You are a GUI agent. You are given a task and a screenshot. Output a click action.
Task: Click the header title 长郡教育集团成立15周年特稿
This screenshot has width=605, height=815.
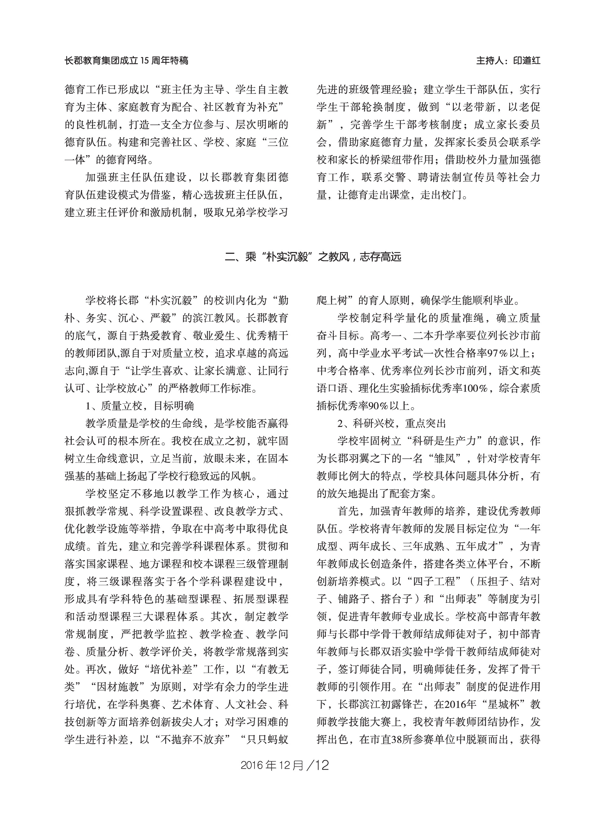click(x=126, y=61)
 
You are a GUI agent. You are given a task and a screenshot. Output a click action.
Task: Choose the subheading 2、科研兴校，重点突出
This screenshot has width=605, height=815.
click(x=391, y=424)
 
